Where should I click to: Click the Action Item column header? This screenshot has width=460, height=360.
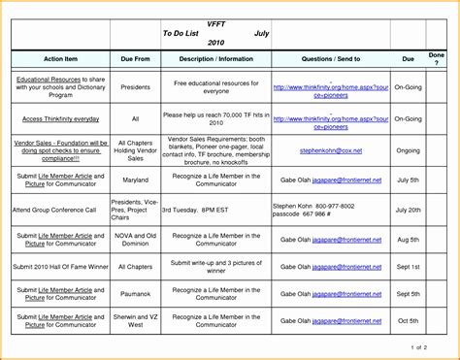click(59, 57)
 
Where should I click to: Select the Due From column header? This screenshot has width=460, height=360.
click(135, 57)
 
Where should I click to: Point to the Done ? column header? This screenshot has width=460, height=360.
click(438, 57)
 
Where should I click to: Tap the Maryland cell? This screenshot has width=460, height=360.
click(135, 180)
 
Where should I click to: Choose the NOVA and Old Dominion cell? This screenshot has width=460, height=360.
click(135, 238)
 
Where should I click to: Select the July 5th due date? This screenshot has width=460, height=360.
click(407, 180)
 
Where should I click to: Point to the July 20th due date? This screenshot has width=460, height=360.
click(407, 210)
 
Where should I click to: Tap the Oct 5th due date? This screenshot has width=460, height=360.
click(407, 320)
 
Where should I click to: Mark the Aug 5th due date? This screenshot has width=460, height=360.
click(407, 238)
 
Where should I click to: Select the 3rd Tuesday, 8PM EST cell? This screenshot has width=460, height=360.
click(202, 210)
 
